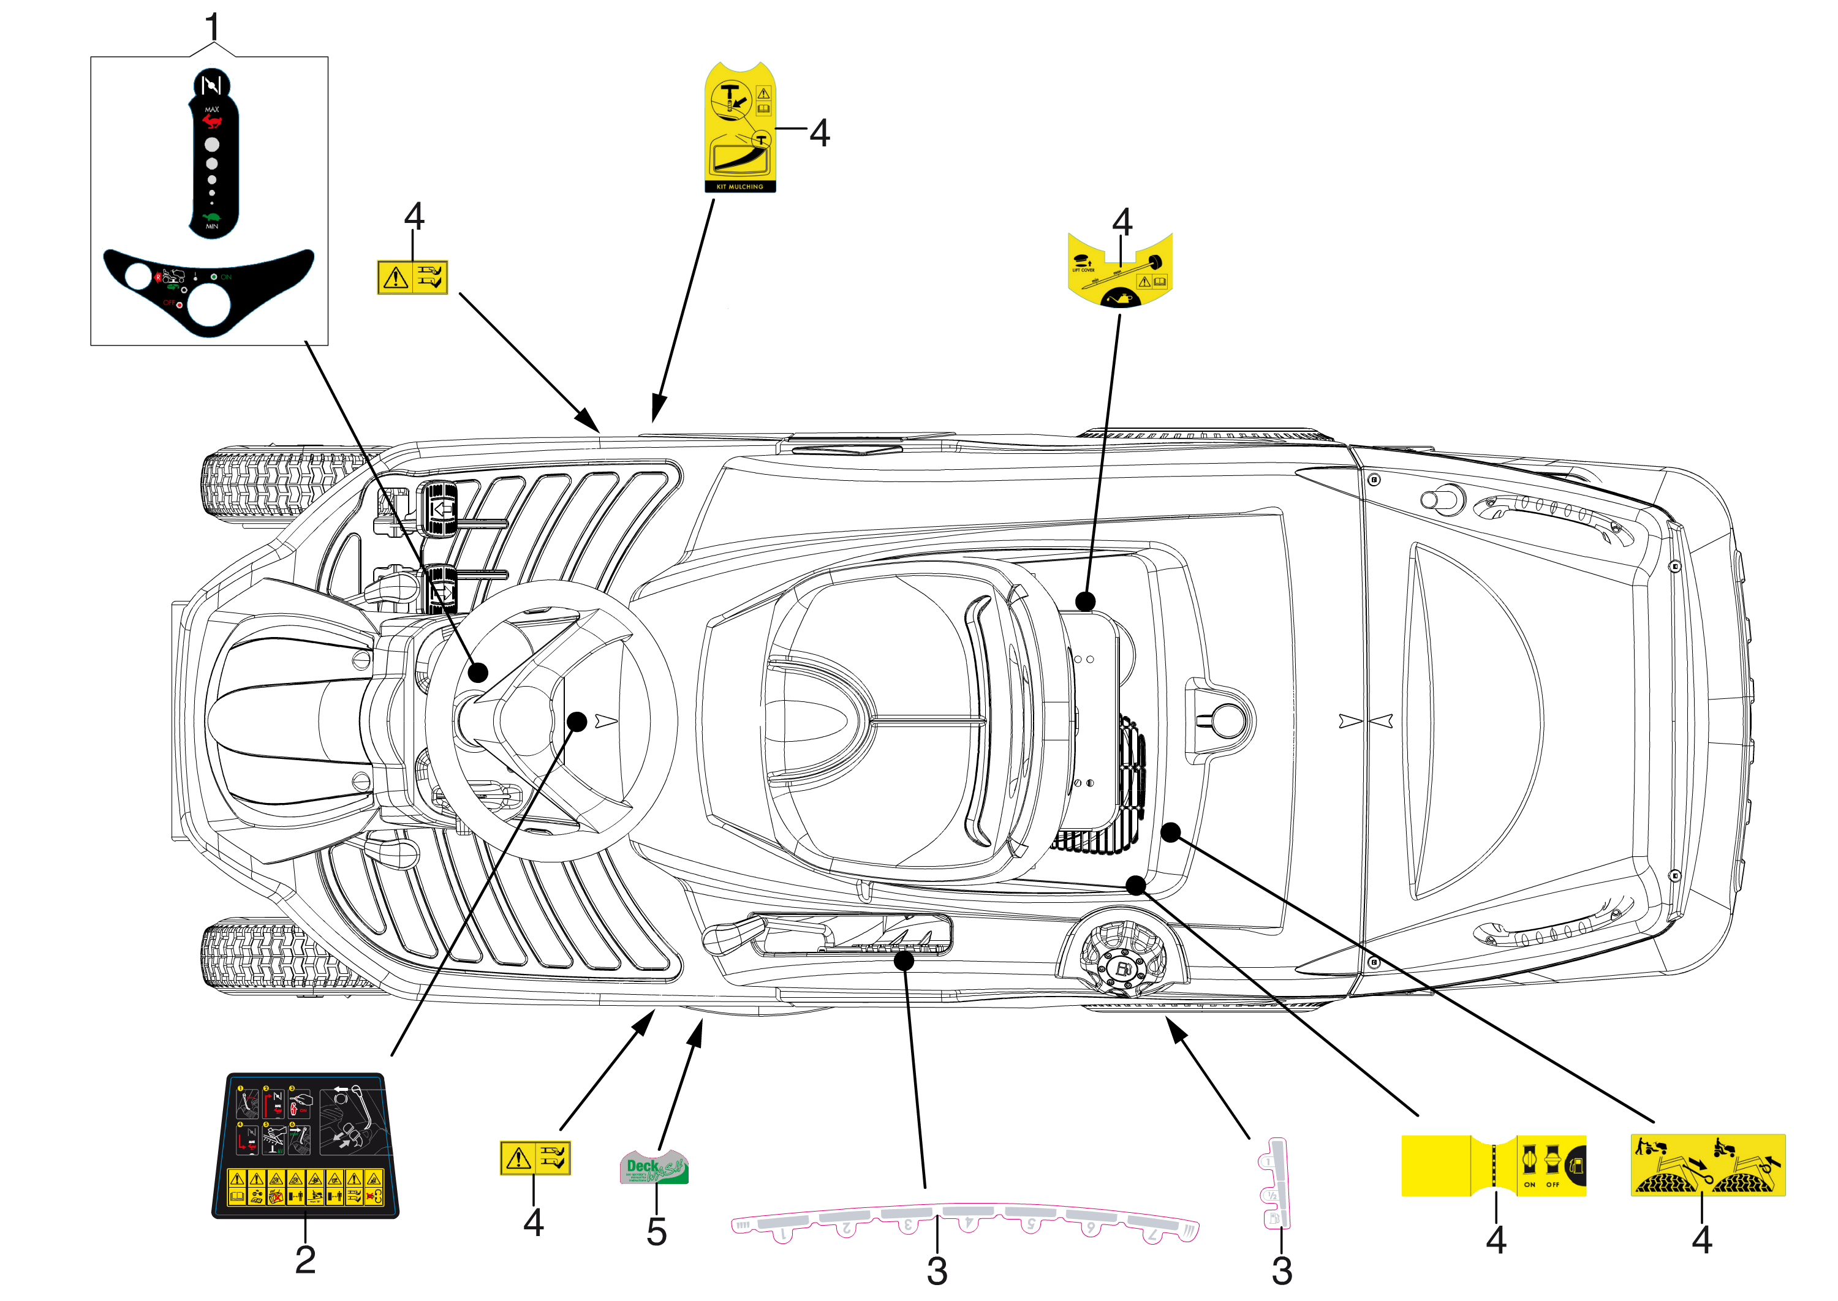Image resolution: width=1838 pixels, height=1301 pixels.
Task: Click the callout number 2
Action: click(305, 1259)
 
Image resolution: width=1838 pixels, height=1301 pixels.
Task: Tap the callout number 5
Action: click(656, 1231)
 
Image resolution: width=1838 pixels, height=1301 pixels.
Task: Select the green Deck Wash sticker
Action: click(654, 1167)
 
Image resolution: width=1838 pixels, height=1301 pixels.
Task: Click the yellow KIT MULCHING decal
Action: click(739, 128)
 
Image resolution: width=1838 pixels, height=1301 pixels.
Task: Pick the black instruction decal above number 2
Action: click(304, 1145)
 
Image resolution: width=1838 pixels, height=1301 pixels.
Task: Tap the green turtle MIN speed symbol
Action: click(211, 217)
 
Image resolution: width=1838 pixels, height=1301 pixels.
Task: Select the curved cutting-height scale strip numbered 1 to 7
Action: click(965, 1223)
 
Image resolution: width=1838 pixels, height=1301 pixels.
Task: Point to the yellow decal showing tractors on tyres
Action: click(1708, 1165)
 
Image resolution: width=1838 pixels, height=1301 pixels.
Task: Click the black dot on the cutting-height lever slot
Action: click(904, 960)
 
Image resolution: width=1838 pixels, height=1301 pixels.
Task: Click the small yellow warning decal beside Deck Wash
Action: click(534, 1158)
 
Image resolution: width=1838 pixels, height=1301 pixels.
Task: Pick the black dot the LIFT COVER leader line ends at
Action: click(1085, 601)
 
